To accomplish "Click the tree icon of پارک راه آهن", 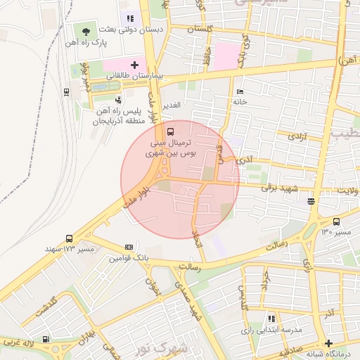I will [85, 32].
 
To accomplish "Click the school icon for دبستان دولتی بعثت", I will [129, 18].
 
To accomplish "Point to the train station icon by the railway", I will [66, 91].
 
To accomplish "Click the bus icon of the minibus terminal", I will [172, 131].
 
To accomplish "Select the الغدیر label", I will [172, 105].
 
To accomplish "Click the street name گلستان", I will [201, 29].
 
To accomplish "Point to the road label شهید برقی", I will [280, 188].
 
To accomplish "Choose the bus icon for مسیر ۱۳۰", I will [337, 221].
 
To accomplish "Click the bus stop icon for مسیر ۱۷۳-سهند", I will [69, 238].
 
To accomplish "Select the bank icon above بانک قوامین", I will [128, 247].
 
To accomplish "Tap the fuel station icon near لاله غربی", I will [46, 338].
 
